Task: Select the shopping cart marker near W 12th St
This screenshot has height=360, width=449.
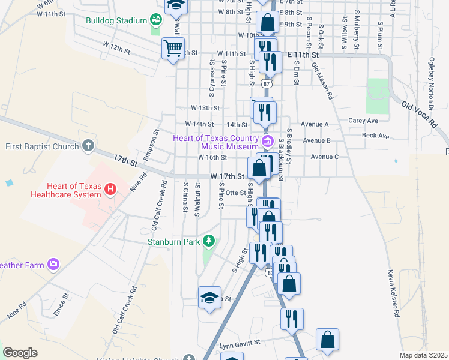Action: pos(173,47)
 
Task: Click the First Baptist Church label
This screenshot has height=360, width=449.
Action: pos(42,146)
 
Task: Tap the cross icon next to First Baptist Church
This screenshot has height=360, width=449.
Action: pos(88,146)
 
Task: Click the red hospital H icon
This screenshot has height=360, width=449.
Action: pos(110,190)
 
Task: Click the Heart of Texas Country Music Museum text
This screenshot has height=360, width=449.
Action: pos(216,142)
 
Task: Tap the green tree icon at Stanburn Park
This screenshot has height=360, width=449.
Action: pos(208,242)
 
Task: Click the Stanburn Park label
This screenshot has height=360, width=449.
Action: pos(175,242)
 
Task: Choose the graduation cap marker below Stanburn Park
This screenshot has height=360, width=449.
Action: pos(209,298)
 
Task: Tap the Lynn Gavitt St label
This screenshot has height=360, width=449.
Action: pos(241,343)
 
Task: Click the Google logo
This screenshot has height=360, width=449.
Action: pos(20,353)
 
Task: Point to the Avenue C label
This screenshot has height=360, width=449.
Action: pos(325,157)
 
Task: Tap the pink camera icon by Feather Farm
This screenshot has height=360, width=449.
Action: pos(54,264)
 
